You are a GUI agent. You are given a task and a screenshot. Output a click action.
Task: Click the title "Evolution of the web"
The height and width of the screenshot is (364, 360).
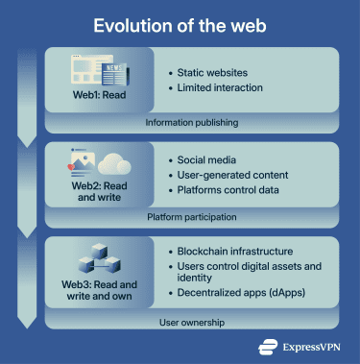click(x=180, y=24)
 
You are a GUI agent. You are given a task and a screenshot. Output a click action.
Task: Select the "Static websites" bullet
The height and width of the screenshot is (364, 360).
click(x=213, y=72)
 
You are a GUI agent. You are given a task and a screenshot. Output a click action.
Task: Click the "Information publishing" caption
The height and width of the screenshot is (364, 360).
click(x=192, y=123)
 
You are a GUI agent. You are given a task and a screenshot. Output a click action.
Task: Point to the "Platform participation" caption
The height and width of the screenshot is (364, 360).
click(x=192, y=219)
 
